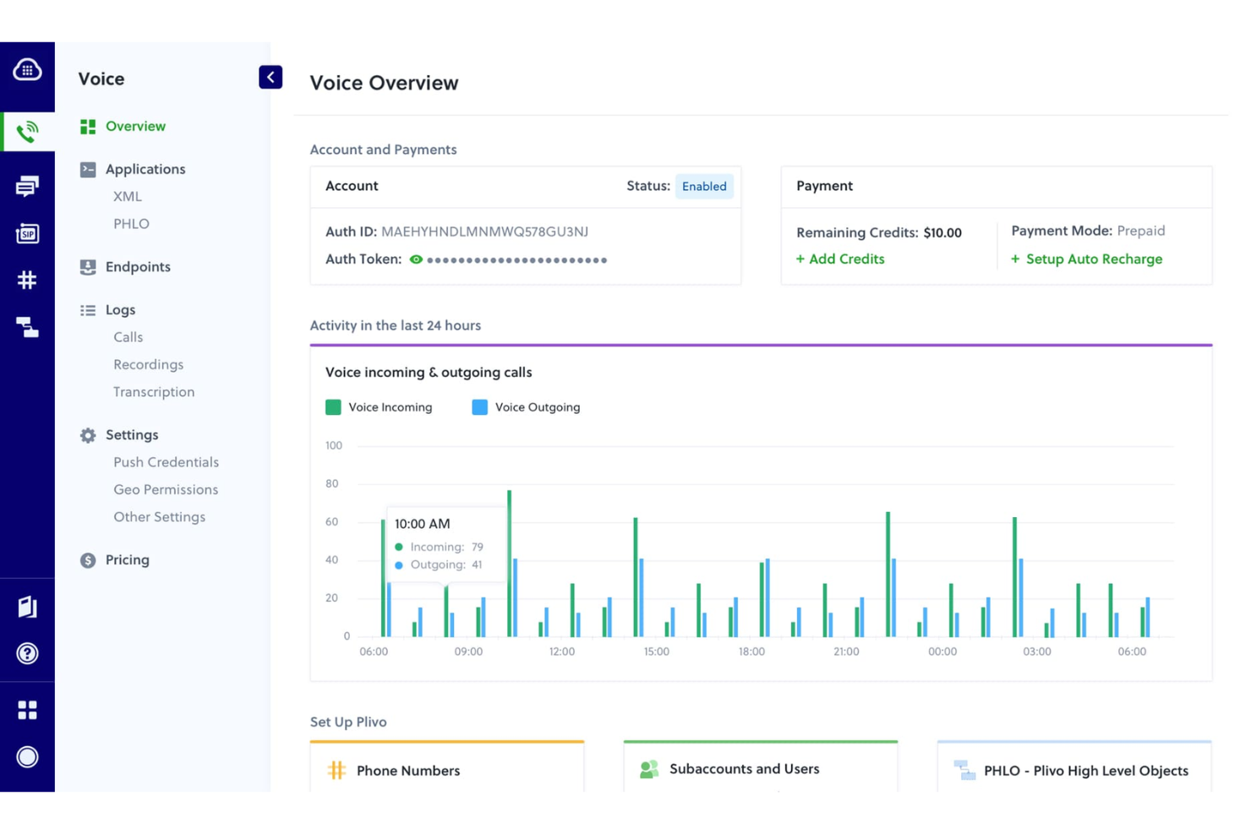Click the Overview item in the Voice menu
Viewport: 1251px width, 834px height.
tap(134, 127)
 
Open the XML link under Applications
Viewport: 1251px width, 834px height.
tap(128, 197)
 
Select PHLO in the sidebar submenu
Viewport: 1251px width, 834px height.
tap(131, 224)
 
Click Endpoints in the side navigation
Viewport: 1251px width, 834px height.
tap(137, 267)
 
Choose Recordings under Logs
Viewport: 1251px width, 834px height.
tap(148, 365)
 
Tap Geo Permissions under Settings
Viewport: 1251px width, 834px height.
tap(166, 490)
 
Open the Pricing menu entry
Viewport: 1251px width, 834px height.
tap(127, 560)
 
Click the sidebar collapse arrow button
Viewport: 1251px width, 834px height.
tap(270, 78)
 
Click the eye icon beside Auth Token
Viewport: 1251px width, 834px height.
tap(416, 260)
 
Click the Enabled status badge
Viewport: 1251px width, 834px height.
tap(703, 187)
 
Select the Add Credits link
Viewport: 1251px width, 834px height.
tap(840, 259)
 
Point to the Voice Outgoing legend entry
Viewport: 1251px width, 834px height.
tap(526, 407)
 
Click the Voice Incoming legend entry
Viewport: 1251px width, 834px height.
tap(379, 407)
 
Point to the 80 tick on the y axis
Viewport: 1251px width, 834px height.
tap(332, 484)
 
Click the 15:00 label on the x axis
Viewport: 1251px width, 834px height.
tap(656, 651)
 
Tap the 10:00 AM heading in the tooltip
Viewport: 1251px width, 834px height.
tap(423, 524)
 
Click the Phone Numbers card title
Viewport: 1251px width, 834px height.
tap(407, 771)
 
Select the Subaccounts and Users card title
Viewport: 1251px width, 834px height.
tap(744, 769)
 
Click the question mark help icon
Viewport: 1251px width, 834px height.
tap(27, 653)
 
